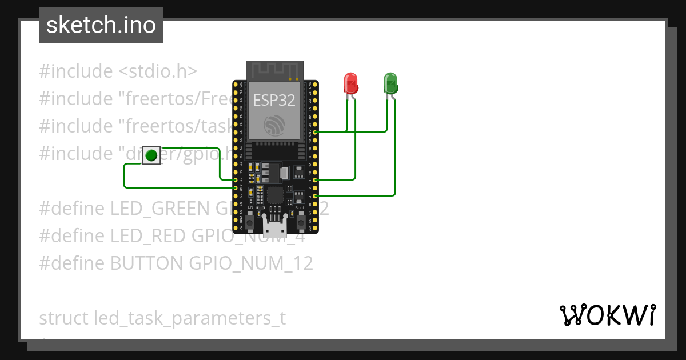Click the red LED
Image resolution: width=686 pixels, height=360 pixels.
pos(350,83)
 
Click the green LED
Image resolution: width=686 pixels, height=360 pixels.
pos(390,83)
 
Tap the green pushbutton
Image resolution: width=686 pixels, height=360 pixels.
pos(151,155)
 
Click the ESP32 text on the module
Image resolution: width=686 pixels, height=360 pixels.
pos(274,101)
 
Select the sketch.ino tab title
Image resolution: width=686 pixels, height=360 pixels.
pos(101,25)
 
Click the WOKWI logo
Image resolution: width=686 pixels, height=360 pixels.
pos(607,315)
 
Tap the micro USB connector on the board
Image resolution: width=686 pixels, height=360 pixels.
pos(275,227)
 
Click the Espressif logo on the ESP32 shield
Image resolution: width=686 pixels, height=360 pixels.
pos(274,126)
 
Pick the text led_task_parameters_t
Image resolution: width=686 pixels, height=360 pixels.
pos(189,318)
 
